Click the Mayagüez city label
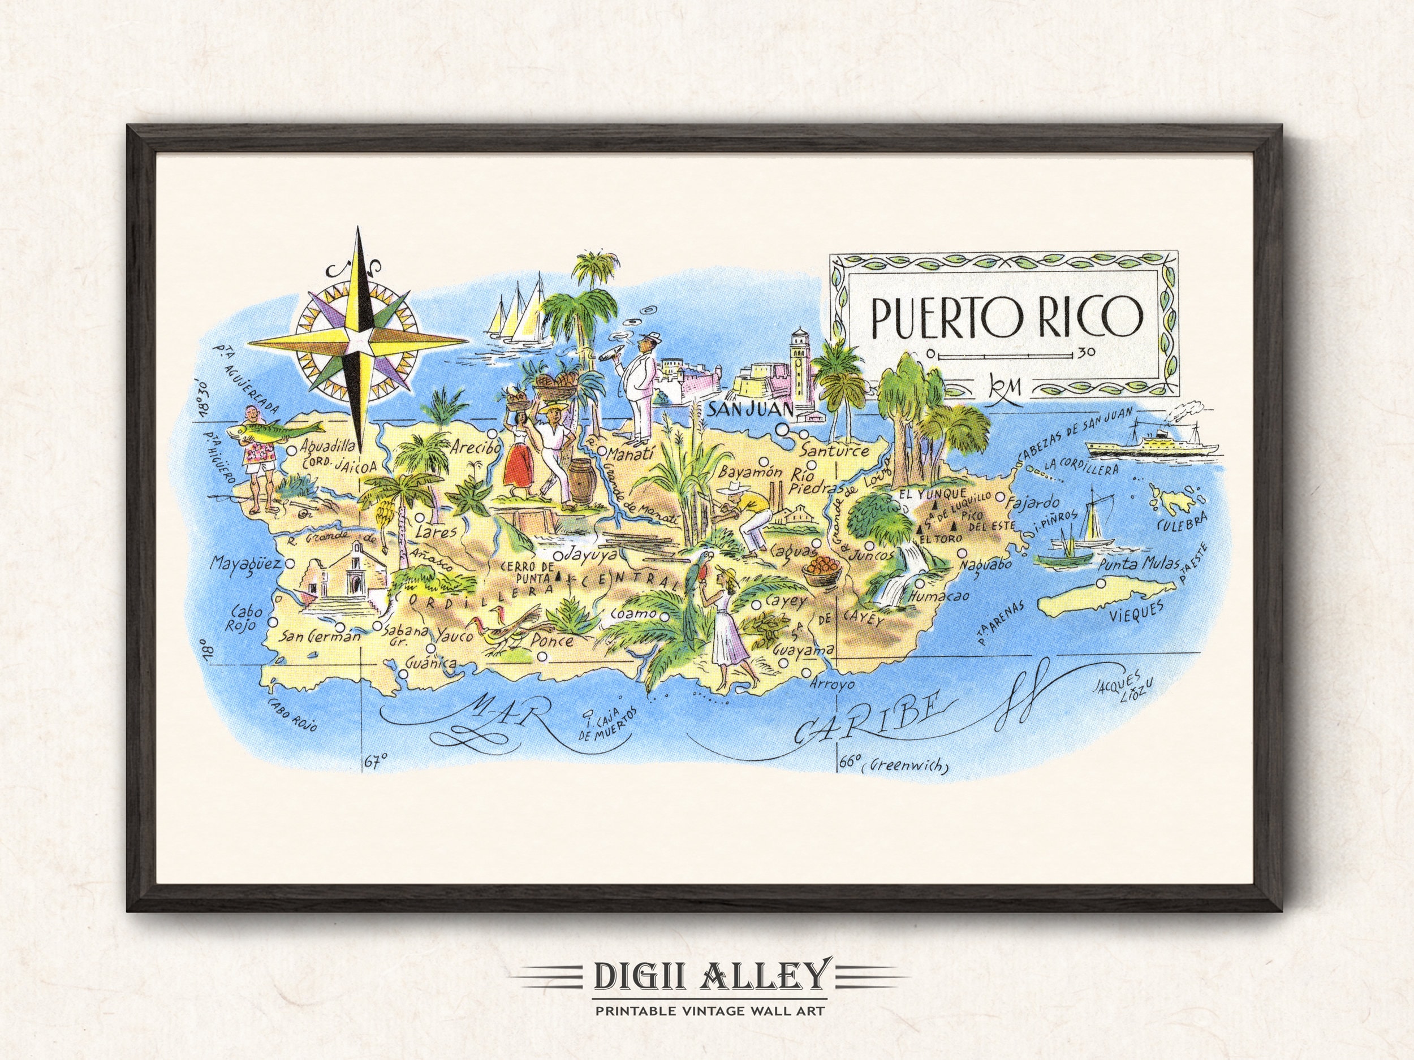(246, 565)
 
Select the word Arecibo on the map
(475, 448)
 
